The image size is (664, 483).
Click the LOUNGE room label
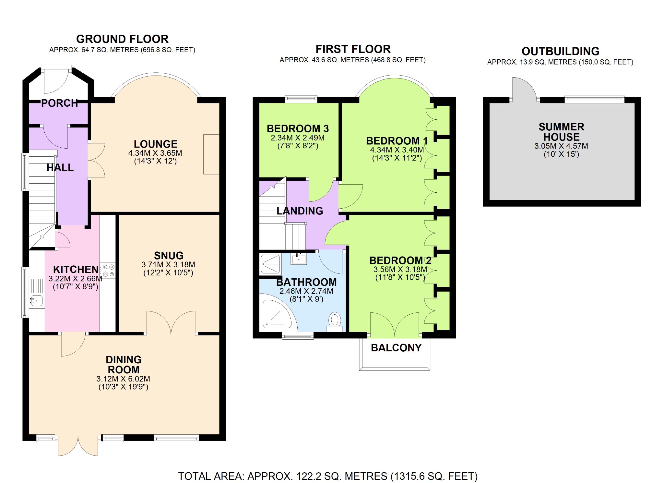[155, 144]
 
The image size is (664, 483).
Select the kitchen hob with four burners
[108, 271]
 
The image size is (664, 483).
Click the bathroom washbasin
[298, 259]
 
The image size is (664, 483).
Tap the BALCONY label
[396, 348]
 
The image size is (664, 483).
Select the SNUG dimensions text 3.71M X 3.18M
[168, 264]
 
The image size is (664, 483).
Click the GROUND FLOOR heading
[122, 39]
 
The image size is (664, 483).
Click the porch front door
[56, 79]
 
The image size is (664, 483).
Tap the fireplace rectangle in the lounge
[211, 154]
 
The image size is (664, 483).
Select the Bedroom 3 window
[301, 99]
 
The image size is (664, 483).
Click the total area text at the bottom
[328, 476]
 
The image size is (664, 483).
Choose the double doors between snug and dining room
[171, 323]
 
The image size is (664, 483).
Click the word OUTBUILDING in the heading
[560, 51]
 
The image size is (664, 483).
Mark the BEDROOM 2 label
[400, 260]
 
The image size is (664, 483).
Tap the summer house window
[594, 99]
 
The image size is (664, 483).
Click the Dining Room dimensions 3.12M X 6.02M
[123, 379]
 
